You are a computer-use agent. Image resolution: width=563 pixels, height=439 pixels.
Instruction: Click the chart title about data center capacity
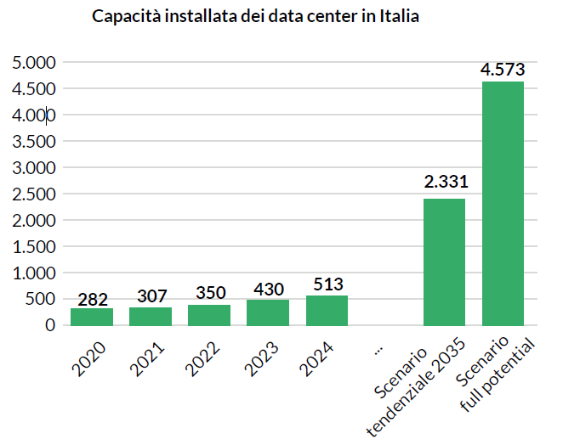255,17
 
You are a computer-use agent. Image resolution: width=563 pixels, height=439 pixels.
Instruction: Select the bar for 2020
92,316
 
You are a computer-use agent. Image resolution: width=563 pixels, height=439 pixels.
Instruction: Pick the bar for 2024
327,310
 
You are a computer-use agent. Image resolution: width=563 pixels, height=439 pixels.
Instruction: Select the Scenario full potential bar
503,204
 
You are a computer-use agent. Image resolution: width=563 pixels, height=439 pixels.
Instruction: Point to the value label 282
92,299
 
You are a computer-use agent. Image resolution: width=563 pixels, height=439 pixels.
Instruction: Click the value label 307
151,296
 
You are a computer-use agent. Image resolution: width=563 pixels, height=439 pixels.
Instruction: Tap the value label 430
268,290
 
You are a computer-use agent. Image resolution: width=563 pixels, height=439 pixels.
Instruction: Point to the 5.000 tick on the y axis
33,63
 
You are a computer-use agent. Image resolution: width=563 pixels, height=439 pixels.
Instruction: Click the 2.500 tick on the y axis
33,194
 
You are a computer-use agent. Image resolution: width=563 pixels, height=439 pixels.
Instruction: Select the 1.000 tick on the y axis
33,273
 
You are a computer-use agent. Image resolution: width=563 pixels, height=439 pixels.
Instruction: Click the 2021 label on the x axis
150,357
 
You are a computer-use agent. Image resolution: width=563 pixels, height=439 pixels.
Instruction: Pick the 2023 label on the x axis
267,357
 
